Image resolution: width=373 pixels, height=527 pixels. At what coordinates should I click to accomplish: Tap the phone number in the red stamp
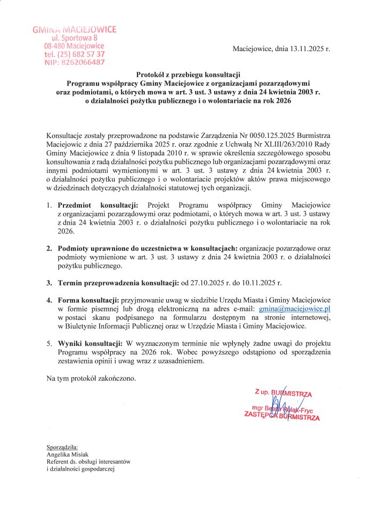click(x=75, y=54)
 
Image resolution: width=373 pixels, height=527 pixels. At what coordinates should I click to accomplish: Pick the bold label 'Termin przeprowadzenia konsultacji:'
click(x=112, y=282)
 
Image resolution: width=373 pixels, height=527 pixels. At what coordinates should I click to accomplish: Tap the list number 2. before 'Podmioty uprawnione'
click(x=48, y=249)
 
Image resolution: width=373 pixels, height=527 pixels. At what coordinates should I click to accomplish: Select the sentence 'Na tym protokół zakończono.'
click(x=91, y=378)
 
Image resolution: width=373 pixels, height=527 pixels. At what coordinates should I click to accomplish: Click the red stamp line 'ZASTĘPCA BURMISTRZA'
click(x=281, y=416)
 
